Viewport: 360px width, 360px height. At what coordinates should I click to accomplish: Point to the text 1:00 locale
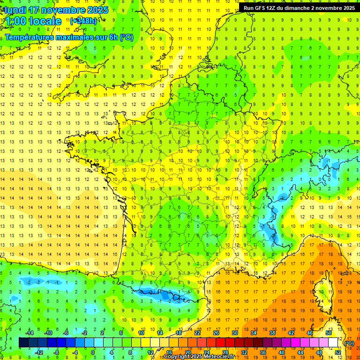33,21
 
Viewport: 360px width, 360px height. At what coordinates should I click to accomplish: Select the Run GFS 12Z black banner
298,7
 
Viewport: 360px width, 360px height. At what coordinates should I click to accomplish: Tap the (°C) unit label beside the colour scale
349,343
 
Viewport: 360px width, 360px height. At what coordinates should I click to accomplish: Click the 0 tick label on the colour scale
93,352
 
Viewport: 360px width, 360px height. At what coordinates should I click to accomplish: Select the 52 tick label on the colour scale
337,352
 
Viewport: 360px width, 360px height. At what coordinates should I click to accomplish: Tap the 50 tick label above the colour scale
328,333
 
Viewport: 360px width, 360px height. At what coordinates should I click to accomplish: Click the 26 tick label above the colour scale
216,333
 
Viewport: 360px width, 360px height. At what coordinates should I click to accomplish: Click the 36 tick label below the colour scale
262,352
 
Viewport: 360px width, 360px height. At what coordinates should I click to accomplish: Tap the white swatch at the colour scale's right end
333,343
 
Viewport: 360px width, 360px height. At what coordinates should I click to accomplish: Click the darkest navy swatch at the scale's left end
23,343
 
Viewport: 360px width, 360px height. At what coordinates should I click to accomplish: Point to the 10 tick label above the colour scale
141,333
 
